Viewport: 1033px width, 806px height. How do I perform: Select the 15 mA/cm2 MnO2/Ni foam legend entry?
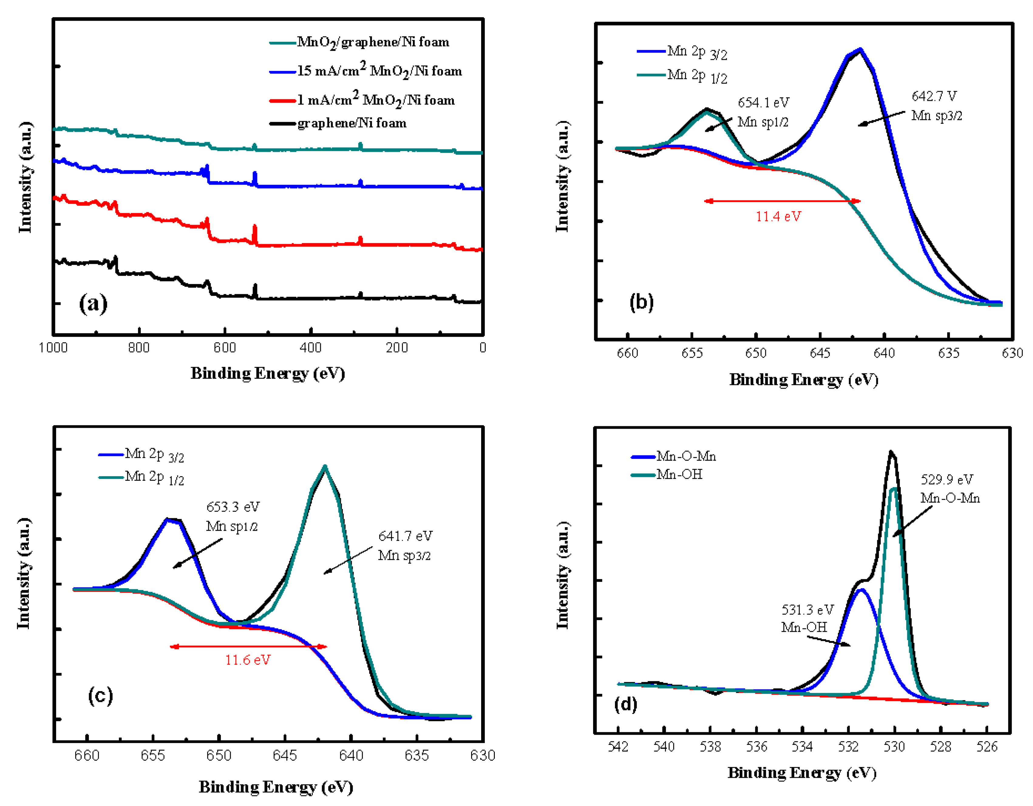(379, 71)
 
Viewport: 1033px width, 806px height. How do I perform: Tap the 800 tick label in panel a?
(139, 348)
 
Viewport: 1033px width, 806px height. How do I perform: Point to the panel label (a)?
(93, 303)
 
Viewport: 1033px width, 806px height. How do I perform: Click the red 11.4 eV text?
(778, 217)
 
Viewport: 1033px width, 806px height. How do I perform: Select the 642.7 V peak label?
(934, 97)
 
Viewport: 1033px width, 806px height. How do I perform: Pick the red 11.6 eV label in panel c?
(247, 660)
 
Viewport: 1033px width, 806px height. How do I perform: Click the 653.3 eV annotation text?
(233, 507)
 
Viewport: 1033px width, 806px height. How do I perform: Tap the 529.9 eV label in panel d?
(946, 480)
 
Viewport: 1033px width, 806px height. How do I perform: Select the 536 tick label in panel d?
(756, 747)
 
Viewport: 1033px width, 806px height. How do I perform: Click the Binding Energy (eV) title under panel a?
(268, 374)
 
